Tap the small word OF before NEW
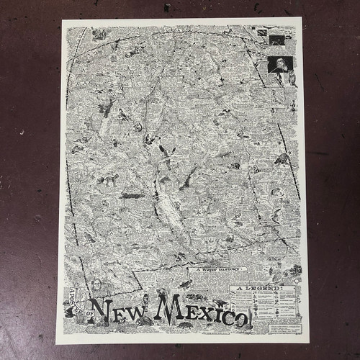pyautogui.click(x=89, y=315)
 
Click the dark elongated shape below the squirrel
pyautogui.click(x=132, y=194)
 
